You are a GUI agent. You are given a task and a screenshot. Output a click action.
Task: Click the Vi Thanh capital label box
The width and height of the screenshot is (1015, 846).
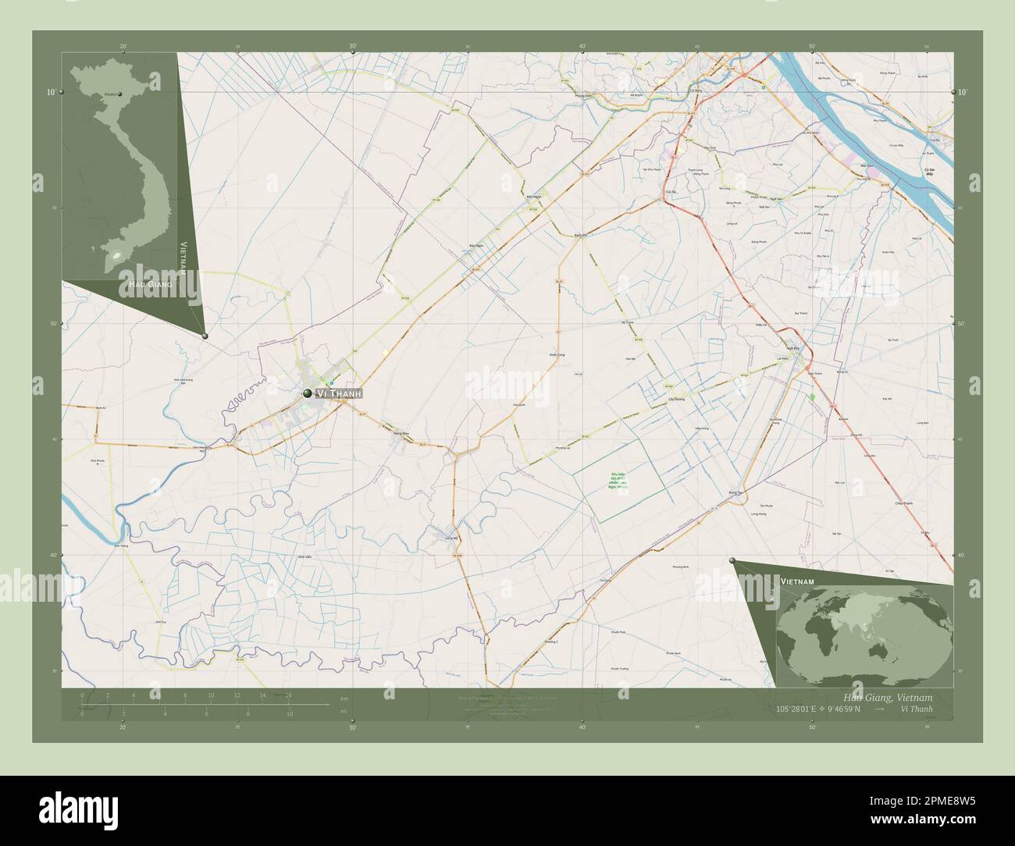point(338,394)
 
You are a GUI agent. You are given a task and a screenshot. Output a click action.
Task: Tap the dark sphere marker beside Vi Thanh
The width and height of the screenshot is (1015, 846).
point(308,393)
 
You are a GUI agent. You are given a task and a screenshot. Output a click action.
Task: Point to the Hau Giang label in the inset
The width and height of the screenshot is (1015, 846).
point(147,287)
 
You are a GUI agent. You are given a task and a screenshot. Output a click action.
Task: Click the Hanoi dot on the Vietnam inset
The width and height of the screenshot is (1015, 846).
point(119,94)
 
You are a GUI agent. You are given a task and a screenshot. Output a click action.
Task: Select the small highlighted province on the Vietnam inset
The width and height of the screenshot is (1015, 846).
point(119,254)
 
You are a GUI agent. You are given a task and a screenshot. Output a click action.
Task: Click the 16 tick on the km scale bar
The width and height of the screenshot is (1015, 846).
point(288,695)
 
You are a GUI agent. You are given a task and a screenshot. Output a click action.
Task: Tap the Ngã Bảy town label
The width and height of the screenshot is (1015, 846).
point(792,348)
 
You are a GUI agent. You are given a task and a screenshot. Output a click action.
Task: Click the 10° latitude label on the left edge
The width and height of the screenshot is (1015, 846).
point(51,92)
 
